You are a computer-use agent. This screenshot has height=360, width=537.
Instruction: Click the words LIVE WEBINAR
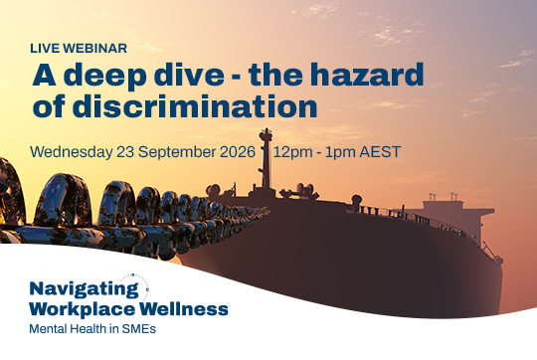pyautogui.click(x=79, y=49)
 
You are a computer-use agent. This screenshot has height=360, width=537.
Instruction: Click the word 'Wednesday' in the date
pyautogui.click(x=72, y=152)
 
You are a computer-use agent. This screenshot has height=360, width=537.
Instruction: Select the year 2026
pyautogui.click(x=238, y=152)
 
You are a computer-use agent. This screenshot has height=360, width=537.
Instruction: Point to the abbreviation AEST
pyautogui.click(x=380, y=152)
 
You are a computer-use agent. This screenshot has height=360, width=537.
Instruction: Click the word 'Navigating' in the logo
pyautogui.click(x=85, y=289)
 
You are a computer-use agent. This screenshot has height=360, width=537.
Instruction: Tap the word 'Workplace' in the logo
pyautogui.click(x=83, y=309)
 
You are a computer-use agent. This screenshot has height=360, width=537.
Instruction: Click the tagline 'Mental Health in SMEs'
pyautogui.click(x=92, y=329)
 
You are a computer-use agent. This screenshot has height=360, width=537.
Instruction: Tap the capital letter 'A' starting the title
pyautogui.click(x=44, y=75)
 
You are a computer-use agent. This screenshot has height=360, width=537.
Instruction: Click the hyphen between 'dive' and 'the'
pyautogui.click(x=236, y=77)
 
